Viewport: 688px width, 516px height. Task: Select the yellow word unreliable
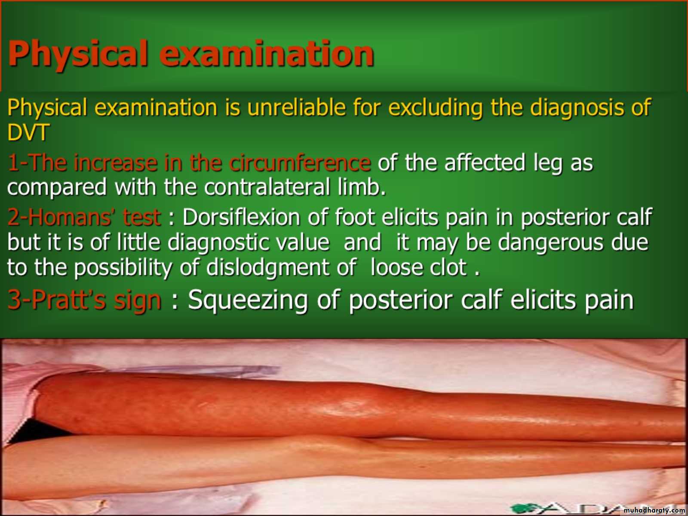pos(297,107)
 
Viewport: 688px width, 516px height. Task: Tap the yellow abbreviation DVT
pos(28,132)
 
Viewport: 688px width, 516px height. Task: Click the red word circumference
pos(299,163)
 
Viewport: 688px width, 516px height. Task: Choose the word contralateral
pos(267,187)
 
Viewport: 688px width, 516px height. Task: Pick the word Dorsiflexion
pos(241,217)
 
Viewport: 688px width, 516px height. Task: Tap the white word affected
pos(485,163)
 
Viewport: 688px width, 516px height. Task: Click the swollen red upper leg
pos(360,407)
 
